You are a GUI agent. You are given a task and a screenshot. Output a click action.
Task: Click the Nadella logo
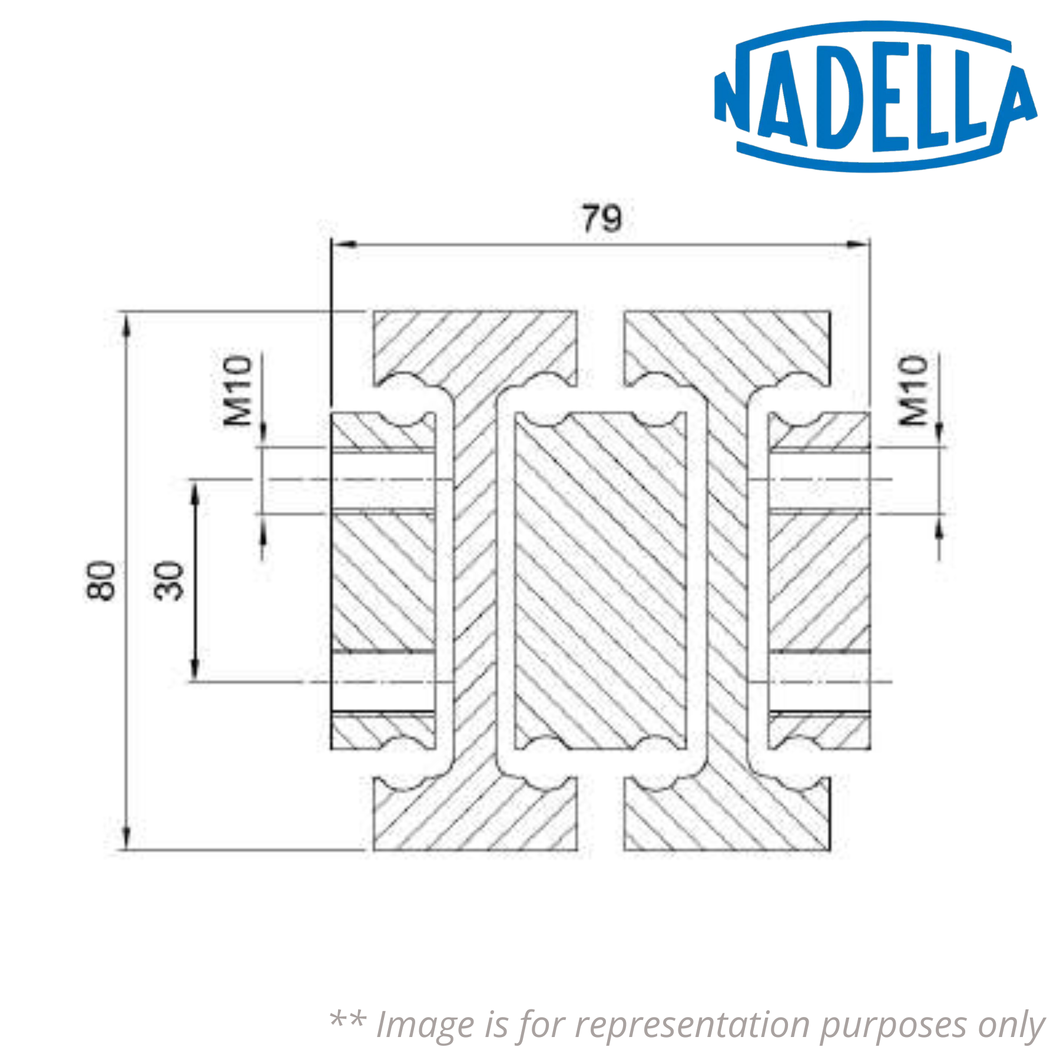874,97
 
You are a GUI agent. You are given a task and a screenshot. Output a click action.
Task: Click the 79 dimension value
601,218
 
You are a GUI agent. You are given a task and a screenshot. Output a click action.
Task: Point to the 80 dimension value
101,581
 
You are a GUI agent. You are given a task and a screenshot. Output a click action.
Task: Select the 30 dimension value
169,581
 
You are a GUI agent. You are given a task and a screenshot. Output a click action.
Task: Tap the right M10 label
913,390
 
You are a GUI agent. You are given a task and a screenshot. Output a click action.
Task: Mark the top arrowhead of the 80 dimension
125,326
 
